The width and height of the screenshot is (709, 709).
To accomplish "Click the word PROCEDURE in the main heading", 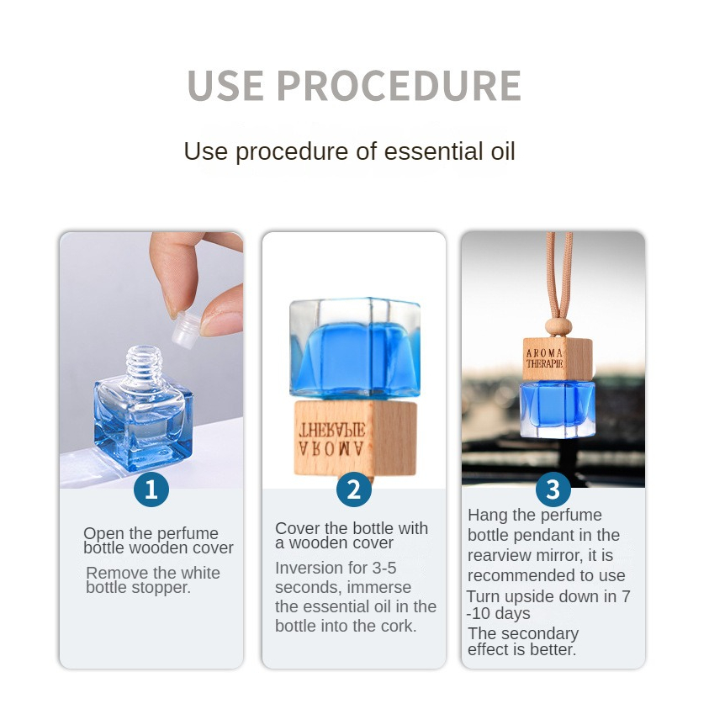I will click(x=398, y=86).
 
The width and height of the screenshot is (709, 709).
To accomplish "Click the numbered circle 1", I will click(x=151, y=489).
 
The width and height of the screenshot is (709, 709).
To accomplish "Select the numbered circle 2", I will click(x=354, y=489).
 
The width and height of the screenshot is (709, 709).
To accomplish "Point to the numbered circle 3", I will click(x=553, y=489).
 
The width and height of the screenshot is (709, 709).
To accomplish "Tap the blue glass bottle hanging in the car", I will click(x=556, y=408).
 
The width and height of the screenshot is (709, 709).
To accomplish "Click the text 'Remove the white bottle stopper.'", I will click(x=152, y=580).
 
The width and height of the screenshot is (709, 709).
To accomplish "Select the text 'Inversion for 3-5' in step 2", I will click(x=336, y=568).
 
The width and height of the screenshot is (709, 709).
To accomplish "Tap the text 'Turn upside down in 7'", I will click(x=548, y=596).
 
